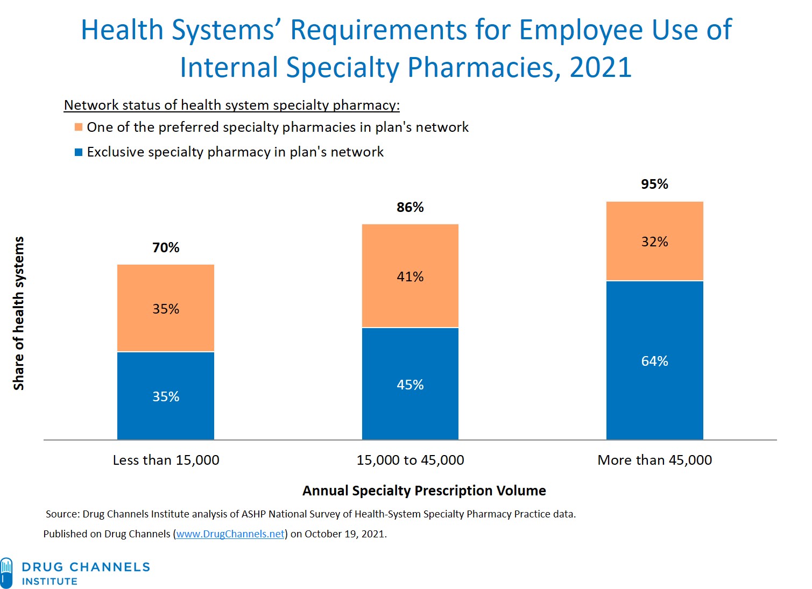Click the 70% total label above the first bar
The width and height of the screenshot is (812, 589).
click(x=166, y=247)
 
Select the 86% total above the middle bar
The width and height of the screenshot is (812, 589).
click(x=410, y=207)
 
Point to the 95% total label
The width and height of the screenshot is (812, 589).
click(x=654, y=184)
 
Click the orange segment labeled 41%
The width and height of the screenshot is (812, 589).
click(x=410, y=275)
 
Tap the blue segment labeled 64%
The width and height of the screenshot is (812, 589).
click(x=654, y=360)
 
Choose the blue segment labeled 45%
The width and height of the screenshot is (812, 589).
click(x=410, y=384)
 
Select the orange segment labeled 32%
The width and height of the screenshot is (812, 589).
click(x=654, y=241)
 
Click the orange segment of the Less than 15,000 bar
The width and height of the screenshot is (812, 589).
click(x=166, y=308)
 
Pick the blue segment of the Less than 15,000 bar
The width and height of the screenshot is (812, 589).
click(x=166, y=396)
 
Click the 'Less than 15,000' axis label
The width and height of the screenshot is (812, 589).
click(x=166, y=460)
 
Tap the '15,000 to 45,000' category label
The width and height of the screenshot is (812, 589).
click(x=410, y=460)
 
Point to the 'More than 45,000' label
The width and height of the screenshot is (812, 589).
click(x=654, y=460)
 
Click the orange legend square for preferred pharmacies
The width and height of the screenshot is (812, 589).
click(x=79, y=127)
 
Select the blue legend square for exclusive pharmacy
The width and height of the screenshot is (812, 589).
click(x=79, y=152)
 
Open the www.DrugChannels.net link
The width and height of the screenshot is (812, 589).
click(x=230, y=534)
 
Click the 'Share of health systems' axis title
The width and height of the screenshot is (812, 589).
click(x=19, y=313)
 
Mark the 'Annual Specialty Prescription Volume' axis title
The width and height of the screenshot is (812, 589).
click(x=424, y=491)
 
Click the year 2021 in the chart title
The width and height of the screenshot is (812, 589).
click(x=600, y=68)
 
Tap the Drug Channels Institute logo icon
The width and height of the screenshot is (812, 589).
click(x=6, y=573)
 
